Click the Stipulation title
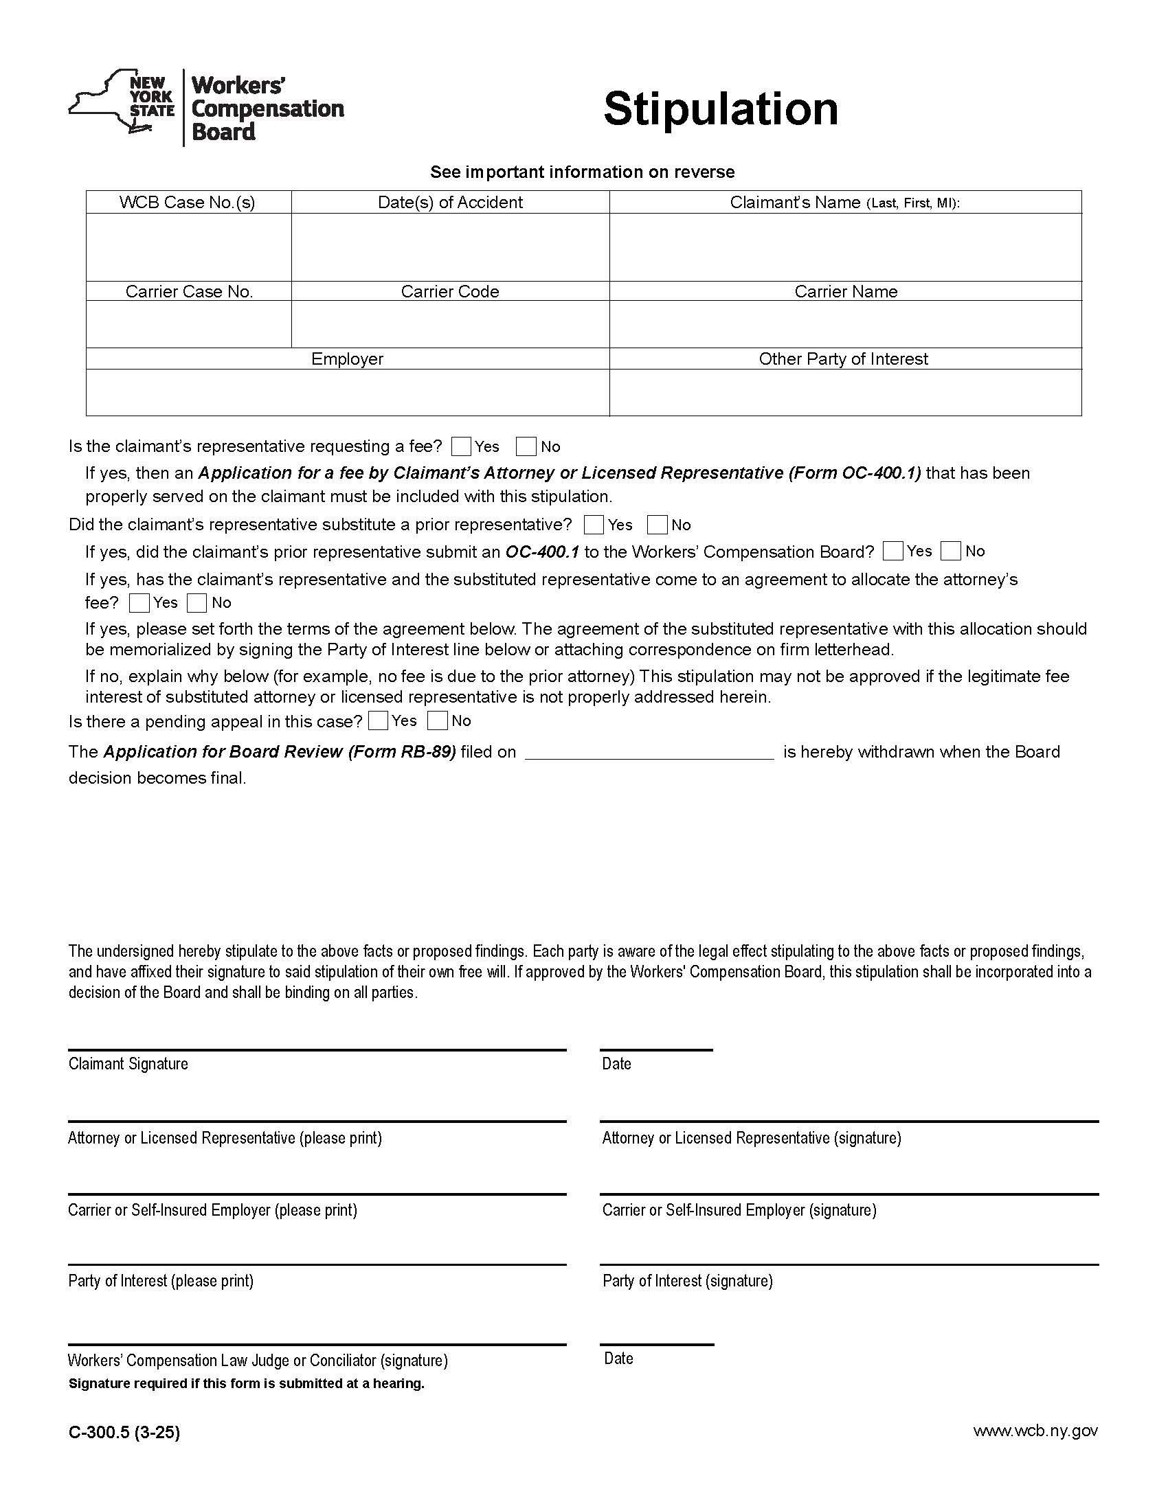[720, 109]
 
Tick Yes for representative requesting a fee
[461, 446]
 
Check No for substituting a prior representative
[658, 525]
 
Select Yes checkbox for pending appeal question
[379, 721]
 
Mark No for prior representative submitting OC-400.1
[951, 551]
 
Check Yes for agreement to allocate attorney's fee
[139, 602]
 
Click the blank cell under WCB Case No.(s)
[188, 247]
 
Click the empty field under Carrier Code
[450, 323]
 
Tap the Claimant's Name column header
[845, 202]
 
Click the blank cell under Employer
[348, 392]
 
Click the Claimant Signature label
[128, 1063]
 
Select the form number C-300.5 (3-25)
[124, 1431]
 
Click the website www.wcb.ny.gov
[1035, 1430]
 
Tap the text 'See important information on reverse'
[582, 172]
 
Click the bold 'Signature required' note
[247, 1383]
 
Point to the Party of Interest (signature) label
[687, 1281]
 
